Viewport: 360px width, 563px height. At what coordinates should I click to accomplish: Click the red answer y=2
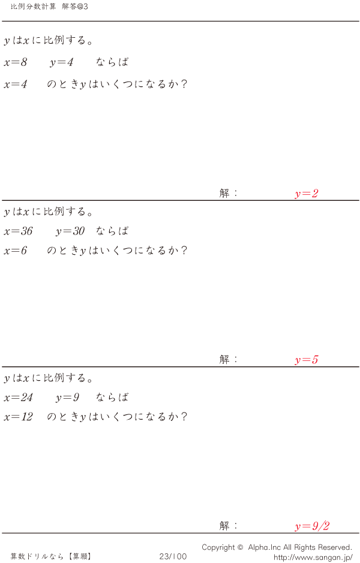(306, 194)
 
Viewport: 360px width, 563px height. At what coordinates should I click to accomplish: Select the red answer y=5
(306, 360)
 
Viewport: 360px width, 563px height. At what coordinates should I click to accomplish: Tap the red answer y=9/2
(312, 526)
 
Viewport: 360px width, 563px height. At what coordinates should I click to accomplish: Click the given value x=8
(16, 62)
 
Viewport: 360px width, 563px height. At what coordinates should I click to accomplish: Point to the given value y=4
(62, 62)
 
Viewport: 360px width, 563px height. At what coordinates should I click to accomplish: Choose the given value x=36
(18, 231)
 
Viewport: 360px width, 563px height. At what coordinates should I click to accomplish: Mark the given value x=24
(18, 397)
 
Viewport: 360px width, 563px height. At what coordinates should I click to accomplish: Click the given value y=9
(67, 397)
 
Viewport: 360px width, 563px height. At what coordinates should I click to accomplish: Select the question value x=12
(18, 417)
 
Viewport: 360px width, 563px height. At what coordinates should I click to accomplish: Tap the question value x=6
(16, 251)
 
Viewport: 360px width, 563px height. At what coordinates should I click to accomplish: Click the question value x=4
(16, 84)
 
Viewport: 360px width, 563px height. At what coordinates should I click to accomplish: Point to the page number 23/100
(173, 556)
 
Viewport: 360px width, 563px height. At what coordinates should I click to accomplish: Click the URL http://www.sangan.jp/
(313, 557)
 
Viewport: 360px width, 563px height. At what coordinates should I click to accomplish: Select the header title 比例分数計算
(34, 6)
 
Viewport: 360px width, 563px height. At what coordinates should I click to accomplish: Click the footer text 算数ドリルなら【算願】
(51, 556)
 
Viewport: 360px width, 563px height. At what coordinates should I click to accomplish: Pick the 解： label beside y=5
(229, 360)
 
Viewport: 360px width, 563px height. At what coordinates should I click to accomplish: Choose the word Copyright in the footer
(218, 547)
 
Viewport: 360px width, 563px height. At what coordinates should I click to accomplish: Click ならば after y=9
(112, 397)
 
